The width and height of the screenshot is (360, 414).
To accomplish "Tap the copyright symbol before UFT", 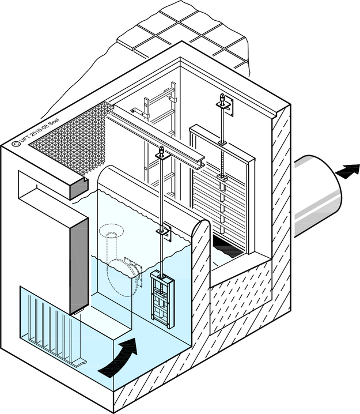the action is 16,144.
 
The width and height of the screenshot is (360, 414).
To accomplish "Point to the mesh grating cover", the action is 71,137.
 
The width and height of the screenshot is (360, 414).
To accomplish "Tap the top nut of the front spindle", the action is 161,151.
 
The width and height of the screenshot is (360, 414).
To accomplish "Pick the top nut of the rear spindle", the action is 223,99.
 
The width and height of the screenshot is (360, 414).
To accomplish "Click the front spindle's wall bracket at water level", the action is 164,232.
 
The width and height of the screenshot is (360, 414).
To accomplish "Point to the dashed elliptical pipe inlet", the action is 112,230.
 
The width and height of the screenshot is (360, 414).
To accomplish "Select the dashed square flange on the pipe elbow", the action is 134,272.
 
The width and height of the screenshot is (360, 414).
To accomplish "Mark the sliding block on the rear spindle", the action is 222,178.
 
